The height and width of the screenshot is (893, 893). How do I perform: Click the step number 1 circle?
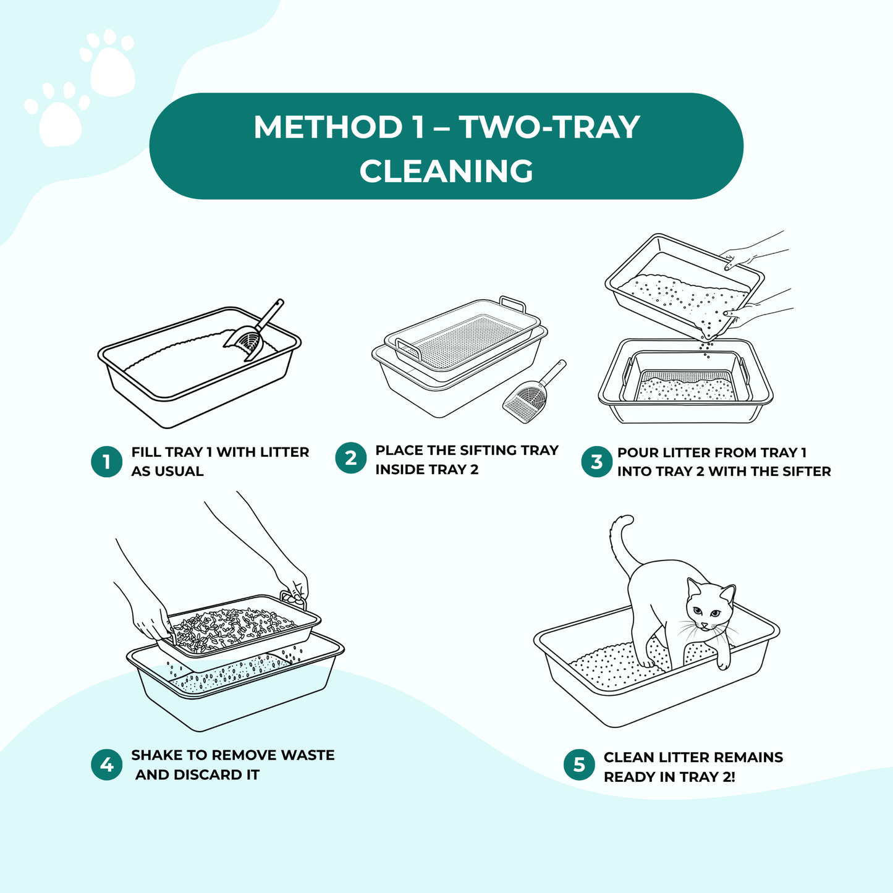point(106,462)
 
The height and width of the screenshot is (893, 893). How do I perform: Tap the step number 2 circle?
point(351,459)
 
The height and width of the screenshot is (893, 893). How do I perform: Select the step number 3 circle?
point(596,462)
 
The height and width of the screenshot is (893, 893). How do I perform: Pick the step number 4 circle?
point(106,764)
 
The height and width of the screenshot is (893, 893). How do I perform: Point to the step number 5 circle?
point(579,765)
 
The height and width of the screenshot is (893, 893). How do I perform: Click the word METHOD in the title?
point(328,127)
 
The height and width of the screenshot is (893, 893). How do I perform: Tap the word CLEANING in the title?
point(446,171)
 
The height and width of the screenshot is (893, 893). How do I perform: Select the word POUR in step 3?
point(638,452)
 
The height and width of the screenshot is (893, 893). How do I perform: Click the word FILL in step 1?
point(146,452)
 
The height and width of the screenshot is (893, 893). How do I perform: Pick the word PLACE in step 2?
point(399,451)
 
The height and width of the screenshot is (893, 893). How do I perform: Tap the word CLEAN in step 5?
point(629,758)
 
